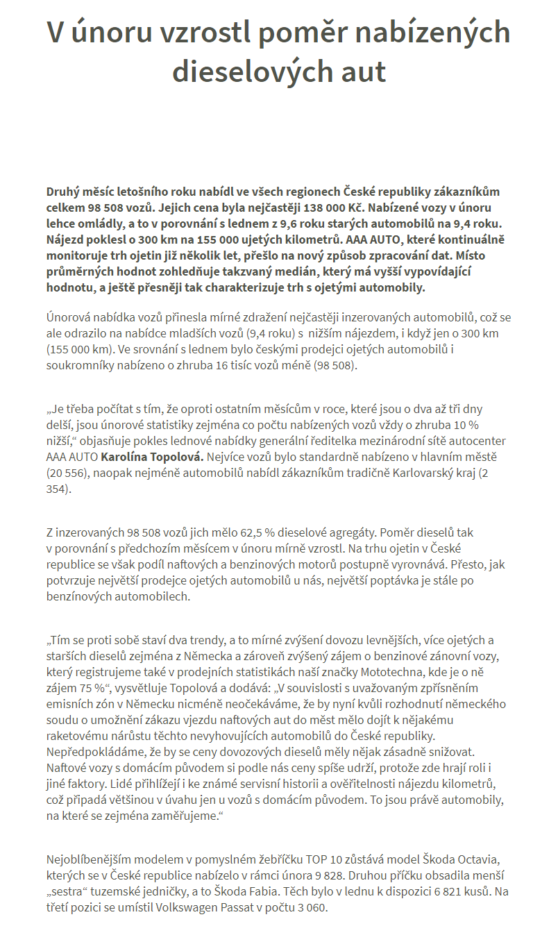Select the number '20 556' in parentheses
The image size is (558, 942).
click(68, 473)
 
